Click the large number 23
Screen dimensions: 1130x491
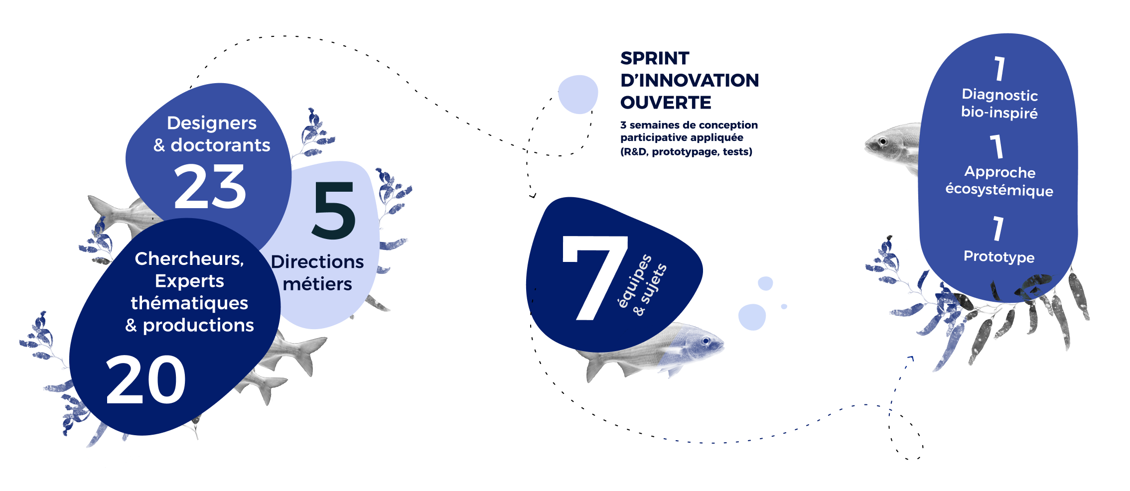click(x=210, y=187)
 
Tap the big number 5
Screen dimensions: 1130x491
click(x=334, y=210)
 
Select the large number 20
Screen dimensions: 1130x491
click(x=146, y=379)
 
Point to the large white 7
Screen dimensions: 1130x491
click(x=595, y=278)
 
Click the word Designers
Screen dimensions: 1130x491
click(x=212, y=123)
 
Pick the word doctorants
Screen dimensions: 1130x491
click(x=221, y=145)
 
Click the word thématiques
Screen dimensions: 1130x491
click(x=189, y=303)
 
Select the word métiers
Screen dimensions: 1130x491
click(x=317, y=284)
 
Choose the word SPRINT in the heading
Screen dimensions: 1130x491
click(x=655, y=58)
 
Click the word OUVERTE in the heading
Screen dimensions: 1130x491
click(x=666, y=103)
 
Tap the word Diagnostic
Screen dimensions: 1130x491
click(x=999, y=95)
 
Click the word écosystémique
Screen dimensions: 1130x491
click(x=999, y=190)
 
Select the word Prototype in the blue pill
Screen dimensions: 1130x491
click(x=999, y=256)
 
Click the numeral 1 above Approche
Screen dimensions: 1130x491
click(x=996, y=146)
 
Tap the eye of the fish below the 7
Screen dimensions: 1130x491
click(x=706, y=341)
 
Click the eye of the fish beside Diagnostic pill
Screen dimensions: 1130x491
click(x=883, y=142)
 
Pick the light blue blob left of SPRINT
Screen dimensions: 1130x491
click(x=578, y=94)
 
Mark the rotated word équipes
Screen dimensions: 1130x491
click(x=635, y=281)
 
